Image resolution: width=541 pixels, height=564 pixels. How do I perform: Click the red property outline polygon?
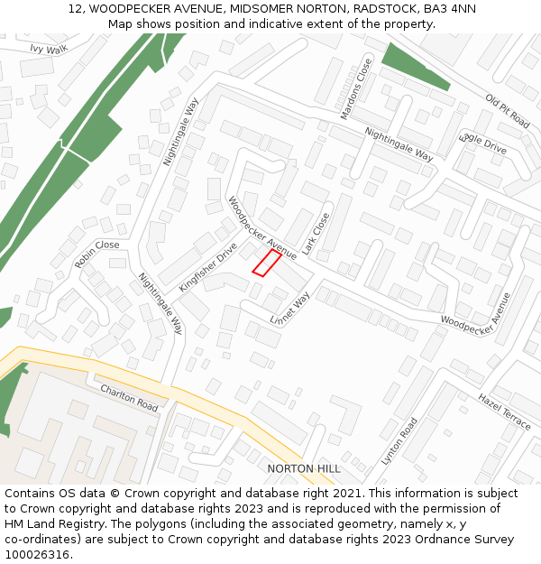[x=266, y=263]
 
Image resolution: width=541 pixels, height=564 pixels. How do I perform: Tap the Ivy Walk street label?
[x=49, y=50]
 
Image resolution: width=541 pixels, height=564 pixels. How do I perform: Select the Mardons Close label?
[x=355, y=89]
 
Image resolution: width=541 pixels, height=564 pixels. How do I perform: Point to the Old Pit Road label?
[x=507, y=110]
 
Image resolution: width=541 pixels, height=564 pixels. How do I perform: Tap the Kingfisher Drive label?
[x=207, y=266]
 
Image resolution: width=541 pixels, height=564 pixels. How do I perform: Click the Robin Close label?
[x=96, y=254]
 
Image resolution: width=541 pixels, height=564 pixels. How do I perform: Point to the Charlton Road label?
[x=129, y=398]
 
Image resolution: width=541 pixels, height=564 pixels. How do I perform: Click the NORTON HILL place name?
[x=304, y=469]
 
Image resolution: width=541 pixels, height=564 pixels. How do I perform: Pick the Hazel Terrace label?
[x=504, y=411]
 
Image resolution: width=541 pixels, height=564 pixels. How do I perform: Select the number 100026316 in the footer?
[x=37, y=555]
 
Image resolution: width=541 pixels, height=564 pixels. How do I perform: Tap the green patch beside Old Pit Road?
[x=414, y=65]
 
